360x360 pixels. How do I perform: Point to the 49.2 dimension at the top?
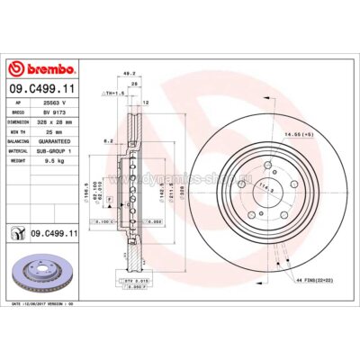pyautogui.click(x=130, y=75)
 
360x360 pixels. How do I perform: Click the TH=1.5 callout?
pyautogui.click(x=113, y=93)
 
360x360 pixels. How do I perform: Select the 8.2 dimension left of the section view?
pyautogui.click(x=107, y=140)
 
